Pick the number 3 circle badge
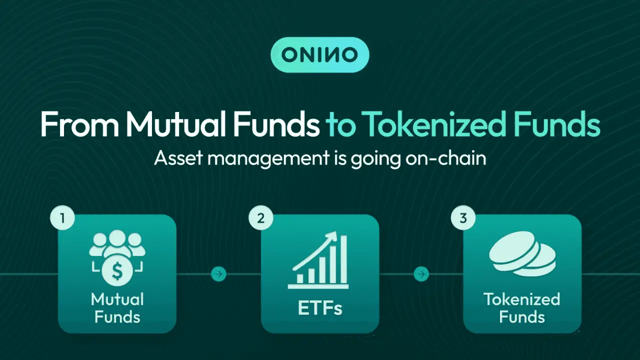(463, 219)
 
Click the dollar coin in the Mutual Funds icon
(116, 272)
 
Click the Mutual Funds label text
(116, 308)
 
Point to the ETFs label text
(320, 308)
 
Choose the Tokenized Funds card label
(521, 308)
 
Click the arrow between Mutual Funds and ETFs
(218, 273)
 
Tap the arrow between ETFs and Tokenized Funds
(421, 273)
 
